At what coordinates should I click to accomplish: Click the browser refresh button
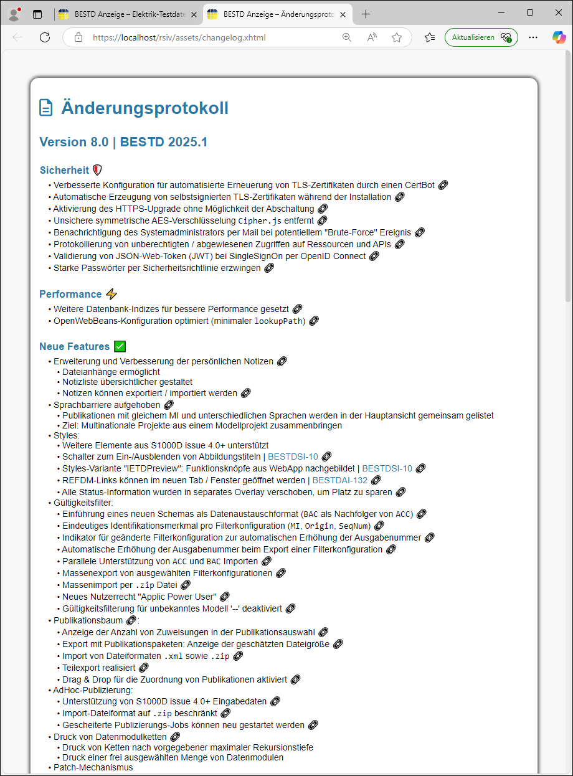tap(45, 37)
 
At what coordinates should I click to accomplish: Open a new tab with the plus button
tap(366, 14)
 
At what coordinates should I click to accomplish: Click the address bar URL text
tap(179, 37)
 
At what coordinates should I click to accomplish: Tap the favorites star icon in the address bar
tap(397, 37)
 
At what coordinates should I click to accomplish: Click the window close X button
tap(559, 12)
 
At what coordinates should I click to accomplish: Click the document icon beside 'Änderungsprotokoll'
tap(47, 108)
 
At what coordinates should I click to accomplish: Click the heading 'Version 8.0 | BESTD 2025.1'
tap(123, 142)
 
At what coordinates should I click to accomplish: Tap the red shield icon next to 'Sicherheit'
tap(97, 170)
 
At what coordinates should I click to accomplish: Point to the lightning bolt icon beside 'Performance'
tap(111, 294)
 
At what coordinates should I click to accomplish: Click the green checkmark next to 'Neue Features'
tap(120, 346)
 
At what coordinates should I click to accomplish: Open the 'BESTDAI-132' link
tap(340, 480)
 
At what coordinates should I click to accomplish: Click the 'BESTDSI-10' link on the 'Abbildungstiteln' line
tap(293, 457)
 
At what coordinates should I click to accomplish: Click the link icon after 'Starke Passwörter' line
tap(269, 268)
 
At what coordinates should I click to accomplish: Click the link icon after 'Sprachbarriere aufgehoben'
tap(168, 404)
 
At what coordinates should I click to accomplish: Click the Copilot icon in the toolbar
tap(559, 37)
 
